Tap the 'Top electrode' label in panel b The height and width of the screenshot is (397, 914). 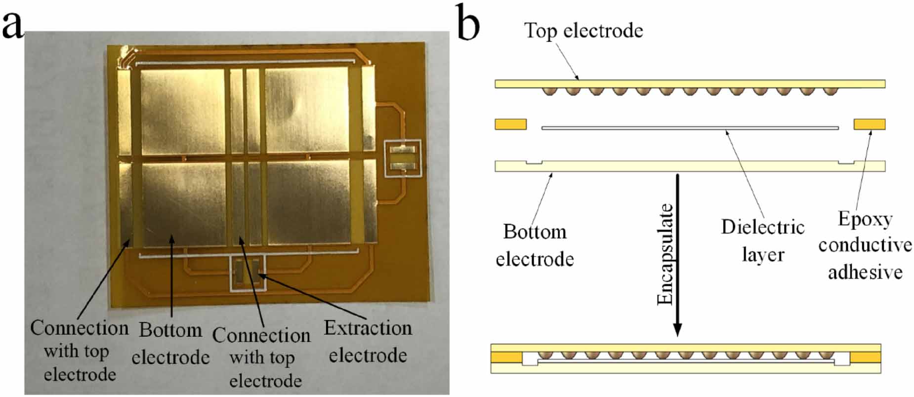[583, 31]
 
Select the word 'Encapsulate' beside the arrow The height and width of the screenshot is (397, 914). [665, 254]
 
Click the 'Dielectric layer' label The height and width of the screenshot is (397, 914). [762, 240]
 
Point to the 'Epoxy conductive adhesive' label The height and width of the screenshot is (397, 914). [865, 245]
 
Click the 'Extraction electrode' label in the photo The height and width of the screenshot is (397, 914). [368, 342]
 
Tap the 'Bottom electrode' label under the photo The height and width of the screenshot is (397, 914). [170, 343]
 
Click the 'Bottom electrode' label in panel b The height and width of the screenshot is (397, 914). [535, 245]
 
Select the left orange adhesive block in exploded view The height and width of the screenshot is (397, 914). [510, 124]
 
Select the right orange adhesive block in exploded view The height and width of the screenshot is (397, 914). [870, 124]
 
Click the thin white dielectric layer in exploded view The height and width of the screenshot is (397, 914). [690, 128]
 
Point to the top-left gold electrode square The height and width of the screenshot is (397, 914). [182, 111]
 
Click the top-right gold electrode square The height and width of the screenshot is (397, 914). [307, 111]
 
